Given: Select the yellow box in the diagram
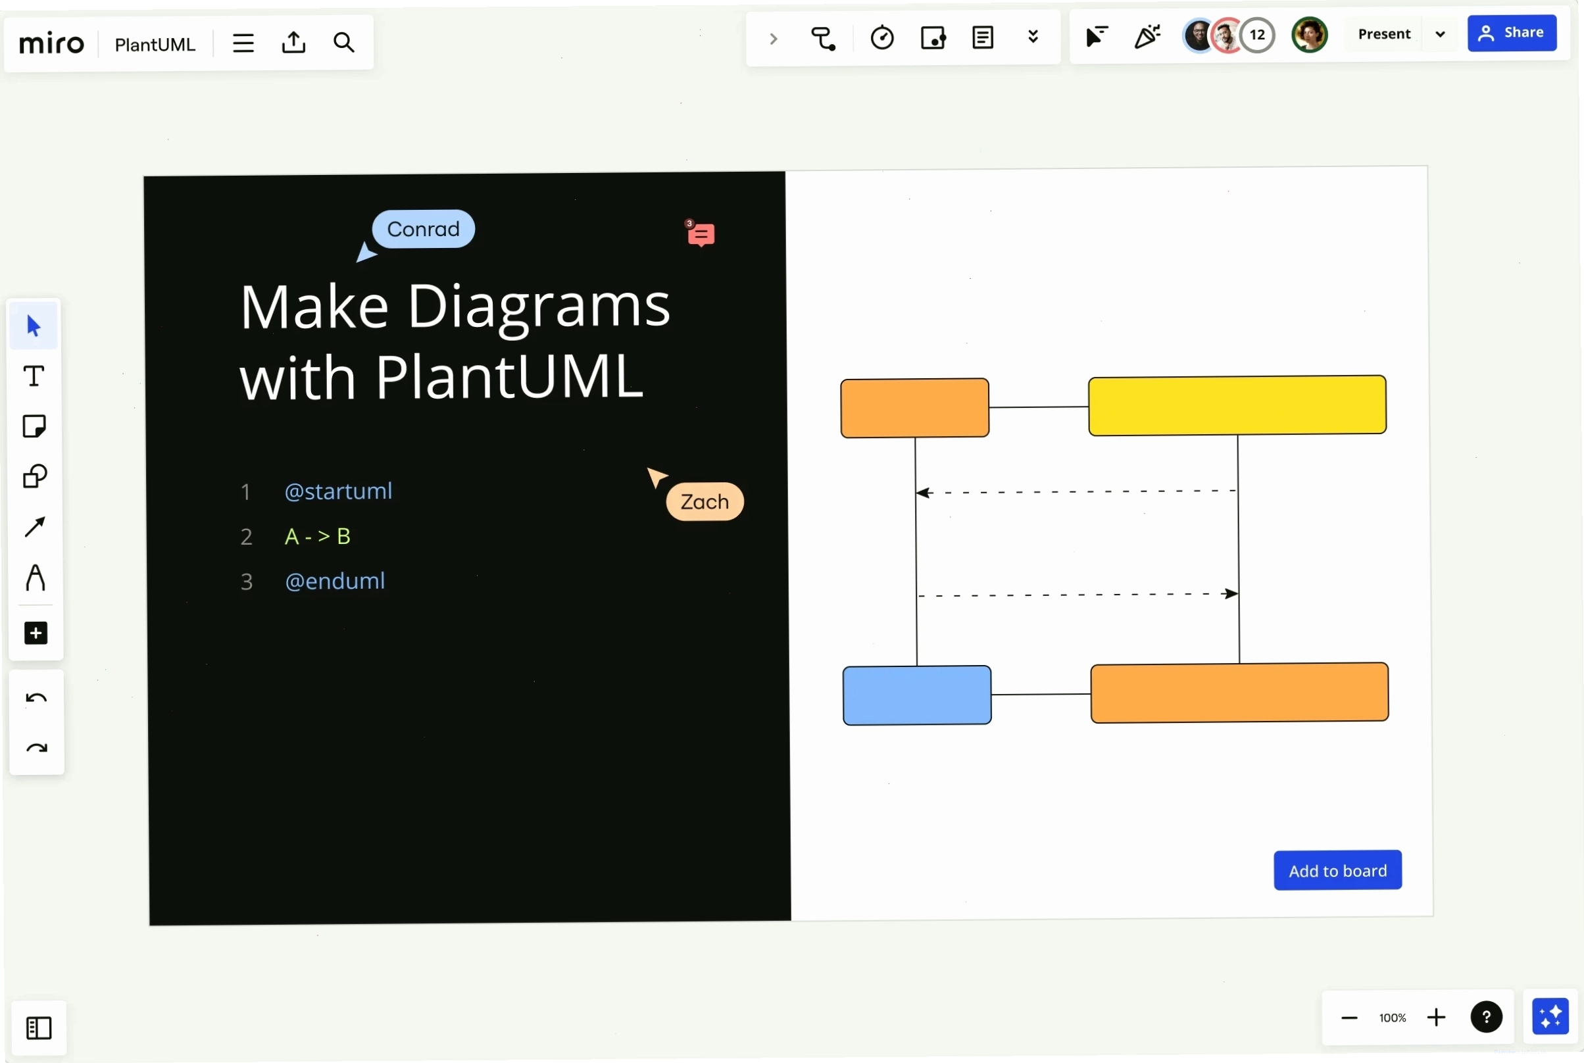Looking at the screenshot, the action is click(x=1236, y=405).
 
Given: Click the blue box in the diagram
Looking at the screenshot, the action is click(x=916, y=695).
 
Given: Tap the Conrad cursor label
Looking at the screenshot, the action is click(x=423, y=228).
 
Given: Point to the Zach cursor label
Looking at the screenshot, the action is click(x=705, y=502).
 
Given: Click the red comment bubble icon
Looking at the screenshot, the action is click(x=700, y=234).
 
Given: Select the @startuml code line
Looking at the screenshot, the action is click(x=338, y=491).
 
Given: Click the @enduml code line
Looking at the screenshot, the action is click(x=335, y=581).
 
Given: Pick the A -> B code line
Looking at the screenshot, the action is click(x=317, y=536).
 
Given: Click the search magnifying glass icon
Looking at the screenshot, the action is click(x=343, y=43).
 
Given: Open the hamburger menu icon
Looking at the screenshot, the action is click(x=243, y=43).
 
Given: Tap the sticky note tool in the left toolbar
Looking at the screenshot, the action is click(x=34, y=426).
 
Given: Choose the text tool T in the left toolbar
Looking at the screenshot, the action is click(x=34, y=376).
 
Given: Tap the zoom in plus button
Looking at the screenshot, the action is click(x=1435, y=1018).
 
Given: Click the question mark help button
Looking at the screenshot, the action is click(x=1486, y=1017).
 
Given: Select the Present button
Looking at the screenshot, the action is click(x=1384, y=34).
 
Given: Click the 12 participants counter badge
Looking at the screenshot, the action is click(x=1256, y=35).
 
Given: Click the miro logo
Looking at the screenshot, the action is click(x=51, y=44).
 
